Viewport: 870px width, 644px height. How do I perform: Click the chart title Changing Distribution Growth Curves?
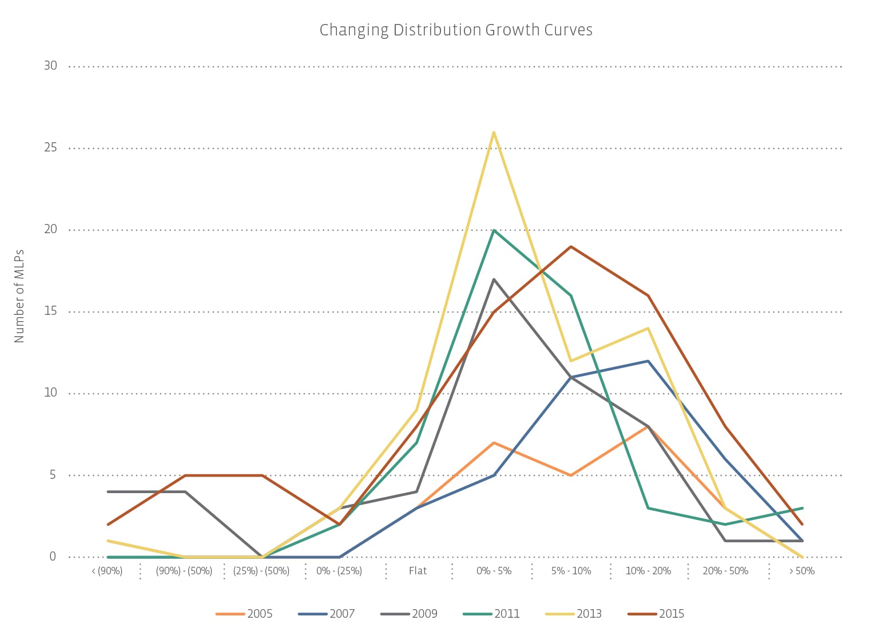(x=456, y=30)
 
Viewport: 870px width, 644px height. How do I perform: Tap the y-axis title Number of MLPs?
(x=19, y=296)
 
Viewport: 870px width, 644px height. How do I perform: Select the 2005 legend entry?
(x=244, y=614)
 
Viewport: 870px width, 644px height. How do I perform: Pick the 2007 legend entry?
(x=327, y=614)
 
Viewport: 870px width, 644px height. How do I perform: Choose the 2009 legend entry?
(x=409, y=614)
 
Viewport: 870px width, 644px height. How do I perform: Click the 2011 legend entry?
(x=491, y=614)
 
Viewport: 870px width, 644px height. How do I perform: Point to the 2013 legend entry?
(x=574, y=614)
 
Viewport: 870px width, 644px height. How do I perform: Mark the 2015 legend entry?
(x=656, y=614)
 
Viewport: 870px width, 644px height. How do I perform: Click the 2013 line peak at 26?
(x=494, y=133)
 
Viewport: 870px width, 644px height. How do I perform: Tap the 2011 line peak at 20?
(x=494, y=230)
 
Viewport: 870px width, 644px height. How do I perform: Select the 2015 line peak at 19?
(x=571, y=247)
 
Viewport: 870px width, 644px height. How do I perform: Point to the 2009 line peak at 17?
(x=494, y=279)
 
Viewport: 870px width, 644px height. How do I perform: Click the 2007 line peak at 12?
(x=648, y=361)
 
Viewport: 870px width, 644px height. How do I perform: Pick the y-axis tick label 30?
(x=51, y=66)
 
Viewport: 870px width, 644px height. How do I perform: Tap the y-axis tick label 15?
(x=51, y=311)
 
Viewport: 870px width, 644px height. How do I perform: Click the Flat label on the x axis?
(x=418, y=571)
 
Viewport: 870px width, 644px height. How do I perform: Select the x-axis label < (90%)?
(x=108, y=571)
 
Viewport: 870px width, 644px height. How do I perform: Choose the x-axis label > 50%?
(x=802, y=571)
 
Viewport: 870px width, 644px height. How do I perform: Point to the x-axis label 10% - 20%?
(x=648, y=571)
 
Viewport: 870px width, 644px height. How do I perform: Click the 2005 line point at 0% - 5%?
(x=494, y=443)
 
